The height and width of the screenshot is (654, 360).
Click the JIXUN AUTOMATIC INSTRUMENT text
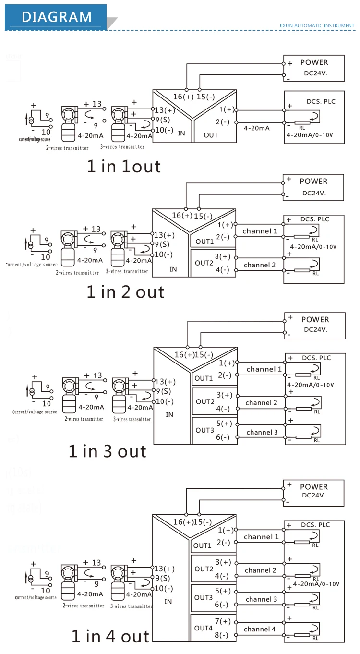click(316, 25)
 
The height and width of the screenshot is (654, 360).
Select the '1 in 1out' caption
click(123, 166)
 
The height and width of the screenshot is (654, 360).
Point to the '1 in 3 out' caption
click(107, 451)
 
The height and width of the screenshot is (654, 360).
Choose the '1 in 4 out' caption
click(110, 636)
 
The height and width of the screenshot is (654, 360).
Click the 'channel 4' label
click(260, 629)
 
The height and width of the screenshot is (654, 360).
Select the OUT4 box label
click(203, 628)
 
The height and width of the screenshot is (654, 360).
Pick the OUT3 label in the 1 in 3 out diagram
click(204, 430)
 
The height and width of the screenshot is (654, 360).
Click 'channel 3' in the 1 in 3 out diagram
click(262, 432)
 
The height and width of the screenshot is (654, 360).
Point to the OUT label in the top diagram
click(211, 135)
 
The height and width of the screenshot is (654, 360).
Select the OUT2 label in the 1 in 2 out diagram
click(204, 263)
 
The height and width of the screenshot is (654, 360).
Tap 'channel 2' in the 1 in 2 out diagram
click(260, 265)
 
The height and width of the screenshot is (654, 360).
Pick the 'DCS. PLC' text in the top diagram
click(321, 101)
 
